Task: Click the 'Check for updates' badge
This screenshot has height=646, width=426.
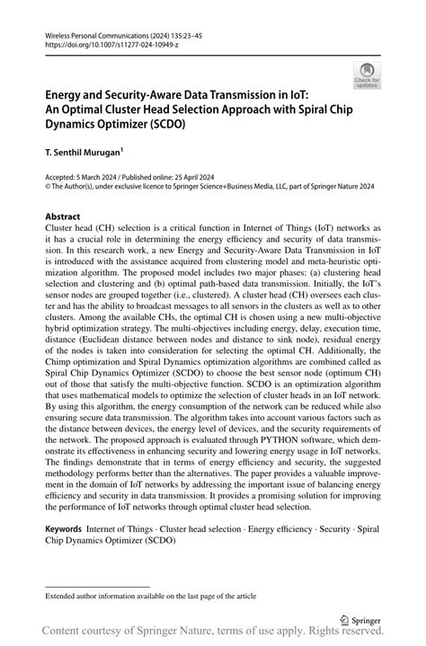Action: point(368,76)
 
